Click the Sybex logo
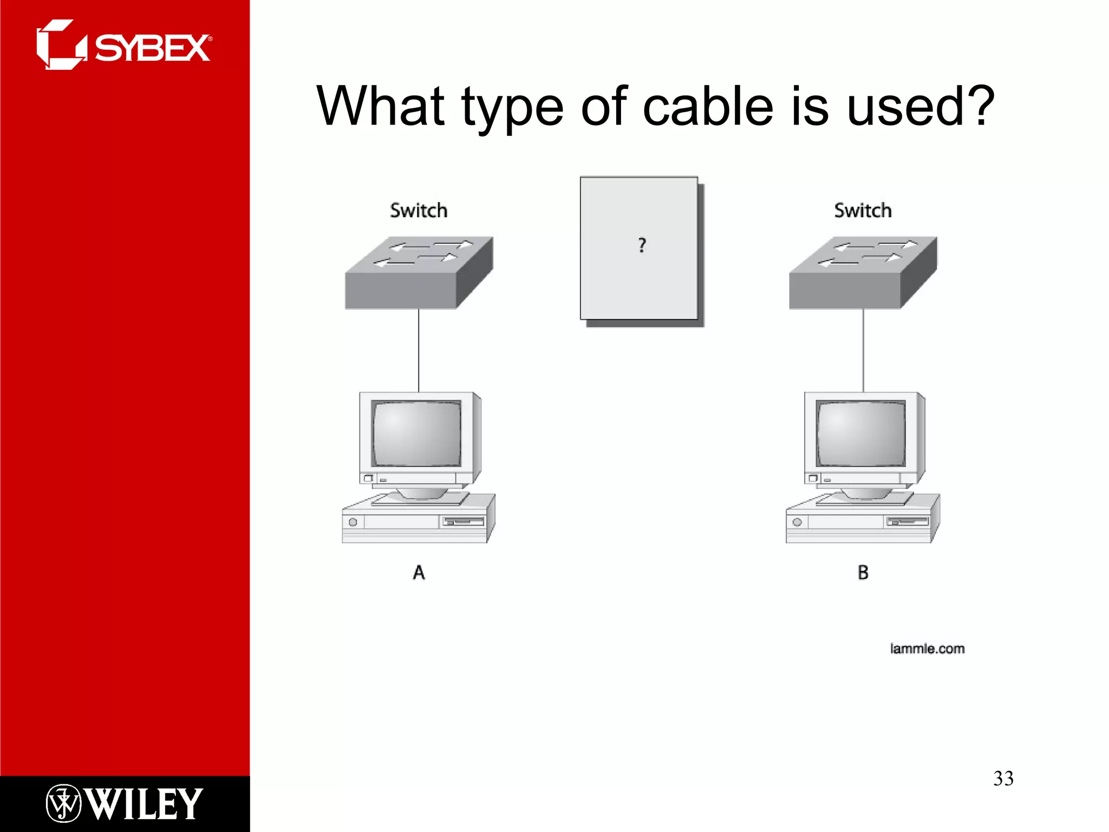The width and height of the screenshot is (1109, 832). [123, 45]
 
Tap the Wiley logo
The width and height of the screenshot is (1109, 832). [124, 803]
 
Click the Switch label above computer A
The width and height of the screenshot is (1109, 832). [419, 210]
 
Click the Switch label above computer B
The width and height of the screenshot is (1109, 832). [863, 210]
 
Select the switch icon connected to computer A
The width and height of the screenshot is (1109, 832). [419, 273]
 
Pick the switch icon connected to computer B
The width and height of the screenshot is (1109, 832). [863, 273]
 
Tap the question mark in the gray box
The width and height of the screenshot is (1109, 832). [642, 245]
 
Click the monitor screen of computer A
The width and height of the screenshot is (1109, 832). [416, 433]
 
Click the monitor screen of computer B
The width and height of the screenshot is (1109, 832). [860, 433]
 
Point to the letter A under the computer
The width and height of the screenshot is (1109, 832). [419, 573]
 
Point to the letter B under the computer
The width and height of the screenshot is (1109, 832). [863, 573]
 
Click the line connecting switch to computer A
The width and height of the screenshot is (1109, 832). [419, 350]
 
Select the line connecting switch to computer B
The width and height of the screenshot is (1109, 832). [863, 350]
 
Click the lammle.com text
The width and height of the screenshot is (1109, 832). [927, 648]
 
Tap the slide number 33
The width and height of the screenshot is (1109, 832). [1003, 778]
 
